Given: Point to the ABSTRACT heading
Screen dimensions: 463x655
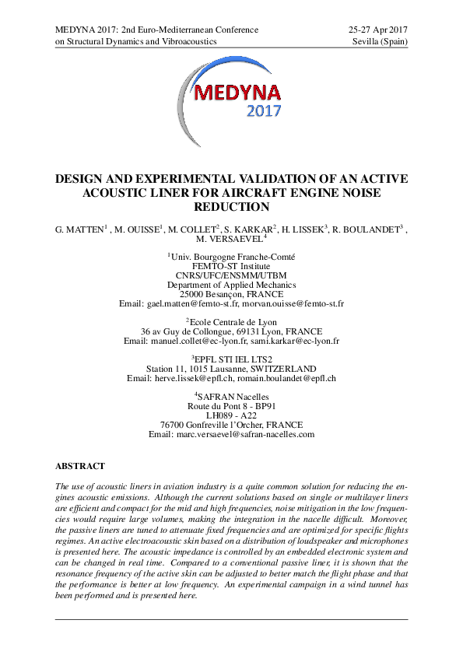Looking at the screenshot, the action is (x=79, y=466).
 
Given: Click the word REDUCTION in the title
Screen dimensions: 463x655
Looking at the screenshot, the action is (x=231, y=207).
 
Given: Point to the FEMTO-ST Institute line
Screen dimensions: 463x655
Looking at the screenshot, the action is (x=231, y=265).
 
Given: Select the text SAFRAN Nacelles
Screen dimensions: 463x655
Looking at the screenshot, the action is (x=234, y=397).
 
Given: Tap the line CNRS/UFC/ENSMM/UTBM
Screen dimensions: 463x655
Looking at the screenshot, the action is (x=231, y=275).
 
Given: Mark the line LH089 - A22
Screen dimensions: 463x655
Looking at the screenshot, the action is (x=231, y=415).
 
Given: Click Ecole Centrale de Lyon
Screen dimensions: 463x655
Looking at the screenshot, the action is (x=233, y=321).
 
